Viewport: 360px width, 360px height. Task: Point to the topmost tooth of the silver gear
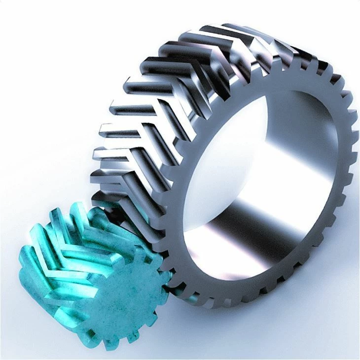(x=232, y=27)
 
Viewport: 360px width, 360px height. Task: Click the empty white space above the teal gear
(x=44, y=123)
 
